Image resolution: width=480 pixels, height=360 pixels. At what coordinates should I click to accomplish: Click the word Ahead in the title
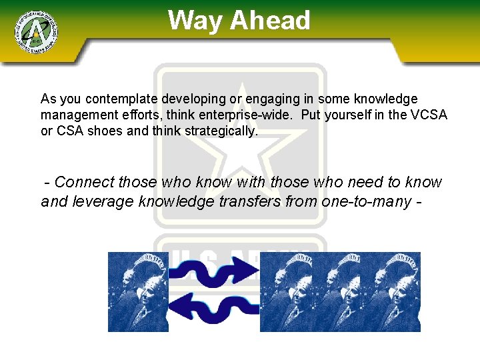pyautogui.click(x=270, y=21)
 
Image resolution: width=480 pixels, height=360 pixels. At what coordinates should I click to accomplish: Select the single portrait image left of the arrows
pyautogui.click(x=138, y=291)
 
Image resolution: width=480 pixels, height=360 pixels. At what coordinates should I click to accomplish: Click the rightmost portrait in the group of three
pyautogui.click(x=394, y=291)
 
